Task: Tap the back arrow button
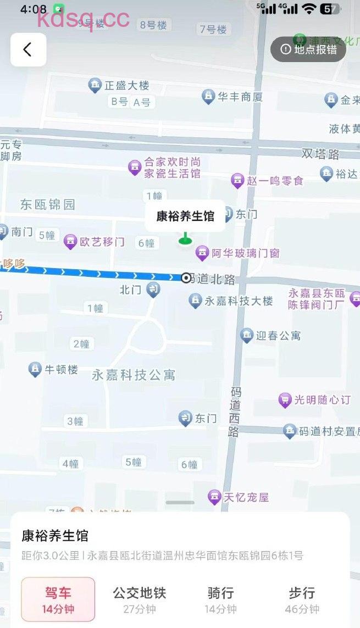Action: point(28,49)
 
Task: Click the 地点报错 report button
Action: point(308,49)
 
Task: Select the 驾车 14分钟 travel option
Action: point(58,600)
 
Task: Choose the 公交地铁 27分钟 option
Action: point(140,600)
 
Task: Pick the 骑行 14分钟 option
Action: point(221,600)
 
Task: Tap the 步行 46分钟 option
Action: point(302,600)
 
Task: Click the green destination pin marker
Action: point(185,238)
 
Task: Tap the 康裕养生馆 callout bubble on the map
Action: point(185,216)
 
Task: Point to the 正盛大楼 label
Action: point(126,86)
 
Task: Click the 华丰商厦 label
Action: point(240,97)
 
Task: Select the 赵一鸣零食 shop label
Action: point(275,180)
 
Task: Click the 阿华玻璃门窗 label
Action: point(245,253)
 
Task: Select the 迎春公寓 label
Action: point(278,335)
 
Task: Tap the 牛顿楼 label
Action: point(60,370)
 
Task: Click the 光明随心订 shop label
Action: point(322,400)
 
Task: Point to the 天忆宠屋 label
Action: point(246,498)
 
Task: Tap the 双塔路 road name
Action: point(320,154)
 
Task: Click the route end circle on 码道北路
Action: point(186,278)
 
